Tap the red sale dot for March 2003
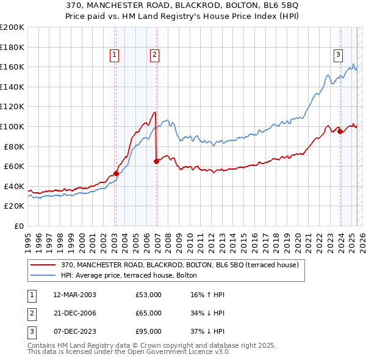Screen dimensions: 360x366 [116, 173]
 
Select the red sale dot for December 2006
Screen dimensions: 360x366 [156, 162]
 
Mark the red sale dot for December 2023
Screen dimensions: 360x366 [340, 132]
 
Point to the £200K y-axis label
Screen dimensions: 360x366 [12, 27]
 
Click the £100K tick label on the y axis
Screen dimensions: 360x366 [12, 126]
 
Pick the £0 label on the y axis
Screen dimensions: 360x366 [18, 226]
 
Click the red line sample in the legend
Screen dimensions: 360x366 [43, 265]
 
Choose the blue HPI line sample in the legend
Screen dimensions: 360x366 [43, 275]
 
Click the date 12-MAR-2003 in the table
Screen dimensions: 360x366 [74, 295]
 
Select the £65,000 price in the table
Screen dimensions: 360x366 [148, 313]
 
